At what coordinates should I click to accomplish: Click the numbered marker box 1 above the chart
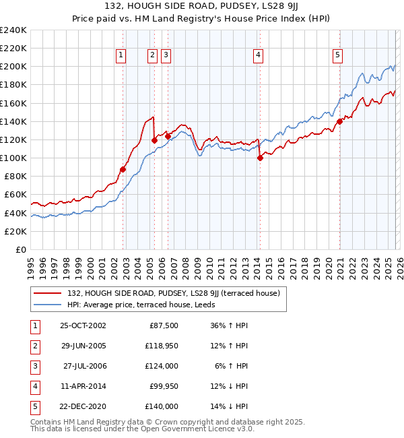121,56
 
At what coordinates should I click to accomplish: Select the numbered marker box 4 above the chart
259,56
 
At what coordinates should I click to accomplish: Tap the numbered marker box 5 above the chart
337,56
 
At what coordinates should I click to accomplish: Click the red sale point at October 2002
123,169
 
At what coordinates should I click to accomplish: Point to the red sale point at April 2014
260,158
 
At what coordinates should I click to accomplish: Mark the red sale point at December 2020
339,121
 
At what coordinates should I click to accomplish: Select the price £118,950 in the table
162,346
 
